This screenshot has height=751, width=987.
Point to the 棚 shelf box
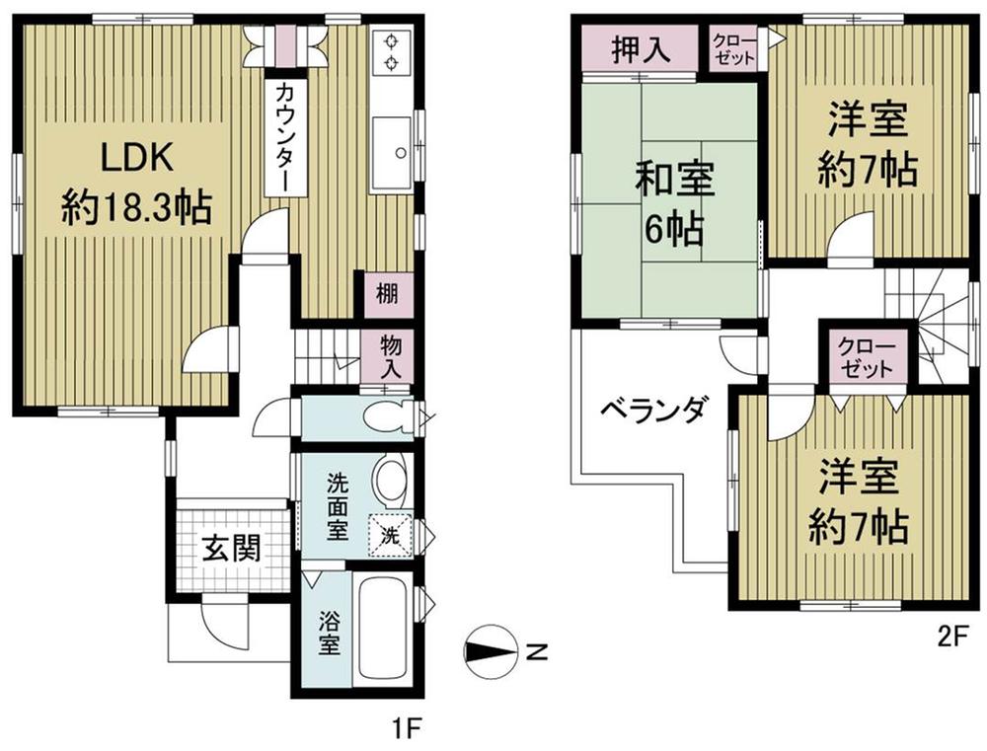coord(386,295)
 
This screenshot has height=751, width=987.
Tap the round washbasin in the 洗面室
coord(389,481)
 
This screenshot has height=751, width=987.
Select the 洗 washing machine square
coord(390,536)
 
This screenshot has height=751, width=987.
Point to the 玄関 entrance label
coord(233,549)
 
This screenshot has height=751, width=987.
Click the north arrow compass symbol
coord(491,650)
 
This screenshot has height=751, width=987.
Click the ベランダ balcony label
coord(652,408)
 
